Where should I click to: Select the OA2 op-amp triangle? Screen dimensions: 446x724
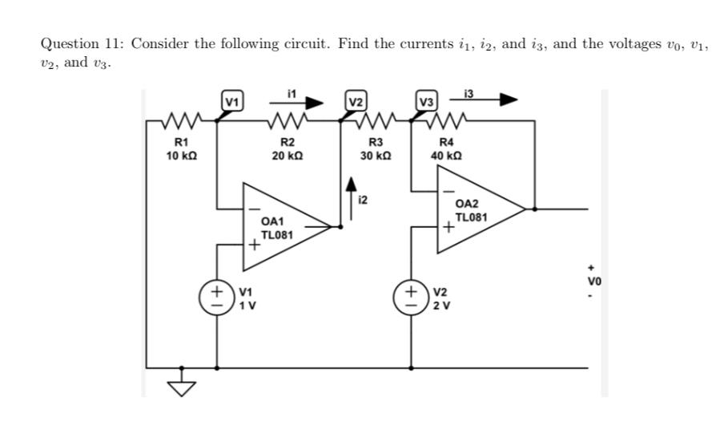pyautogui.click(x=473, y=210)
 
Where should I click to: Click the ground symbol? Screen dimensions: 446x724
pyautogui.click(x=183, y=387)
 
